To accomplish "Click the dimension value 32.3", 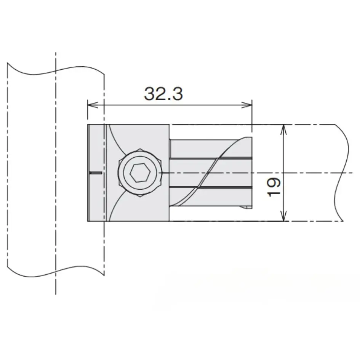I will (x=163, y=93).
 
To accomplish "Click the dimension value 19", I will (x=274, y=186).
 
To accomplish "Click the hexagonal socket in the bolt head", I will (x=138, y=173).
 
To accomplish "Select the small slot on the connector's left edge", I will (x=95, y=173).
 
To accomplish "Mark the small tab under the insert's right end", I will (x=246, y=208).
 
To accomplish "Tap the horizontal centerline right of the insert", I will (x=305, y=173).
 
